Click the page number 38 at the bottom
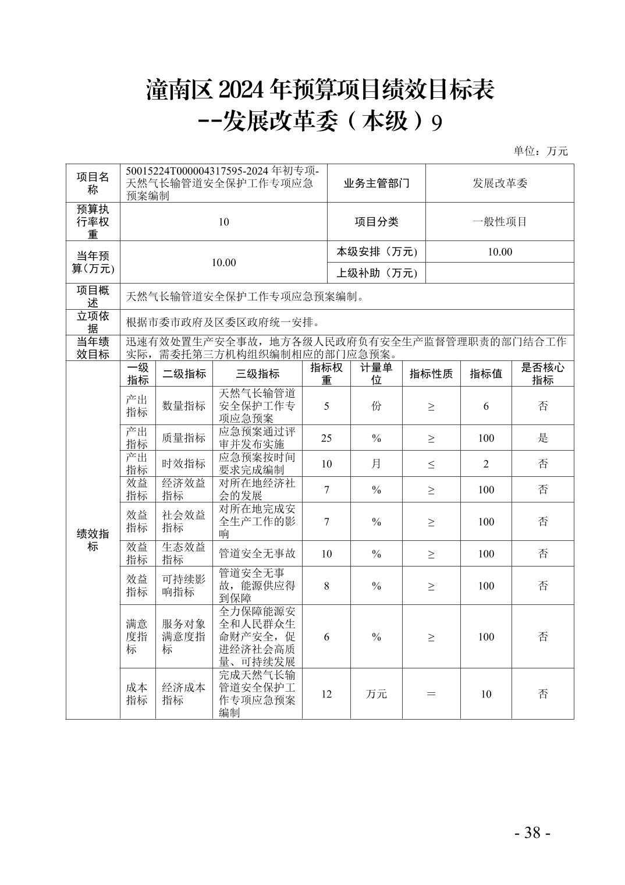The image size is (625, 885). pos(532,832)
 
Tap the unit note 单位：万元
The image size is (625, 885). pos(540,151)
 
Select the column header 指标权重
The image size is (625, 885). pos(326,373)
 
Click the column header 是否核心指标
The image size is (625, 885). pos(542,373)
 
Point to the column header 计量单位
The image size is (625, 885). pos(376,373)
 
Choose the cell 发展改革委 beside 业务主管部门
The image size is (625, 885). pos(499,183)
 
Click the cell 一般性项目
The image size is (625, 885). pos(499,222)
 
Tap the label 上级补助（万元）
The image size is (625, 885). pos(377,272)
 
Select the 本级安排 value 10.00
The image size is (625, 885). pos(499,252)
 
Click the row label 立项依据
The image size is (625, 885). pos(93,322)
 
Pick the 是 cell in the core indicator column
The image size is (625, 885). pos(542,438)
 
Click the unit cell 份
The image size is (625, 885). pos(376,406)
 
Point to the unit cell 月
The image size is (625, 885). pos(376,463)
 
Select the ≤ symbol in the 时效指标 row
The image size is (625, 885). pos(431,464)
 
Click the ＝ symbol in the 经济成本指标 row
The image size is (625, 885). pos(431,693)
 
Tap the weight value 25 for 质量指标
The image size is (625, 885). pos(326,438)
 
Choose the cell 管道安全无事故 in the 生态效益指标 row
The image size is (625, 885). pos(257,553)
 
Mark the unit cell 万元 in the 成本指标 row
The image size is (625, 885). pos(376,693)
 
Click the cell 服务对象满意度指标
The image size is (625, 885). pos(183,636)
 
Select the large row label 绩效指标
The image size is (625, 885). pos(93,540)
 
